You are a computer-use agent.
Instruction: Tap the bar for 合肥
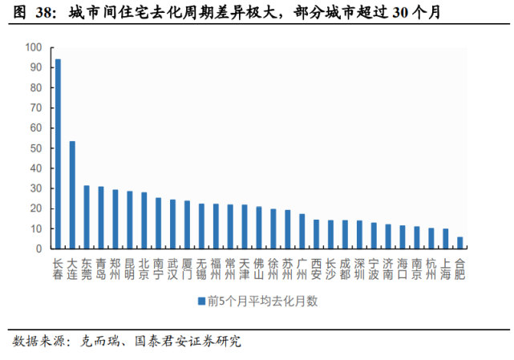click(459, 243)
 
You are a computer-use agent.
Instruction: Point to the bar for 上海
click(445, 239)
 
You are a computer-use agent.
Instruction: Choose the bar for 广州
click(302, 231)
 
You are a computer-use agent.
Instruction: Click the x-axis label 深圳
click(359, 269)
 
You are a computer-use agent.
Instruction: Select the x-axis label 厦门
click(187, 269)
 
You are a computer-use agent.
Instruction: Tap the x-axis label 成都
click(345, 269)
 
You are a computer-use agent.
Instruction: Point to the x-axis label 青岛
click(101, 269)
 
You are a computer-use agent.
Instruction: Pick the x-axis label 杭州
click(431, 269)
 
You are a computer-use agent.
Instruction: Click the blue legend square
click(200, 301)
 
